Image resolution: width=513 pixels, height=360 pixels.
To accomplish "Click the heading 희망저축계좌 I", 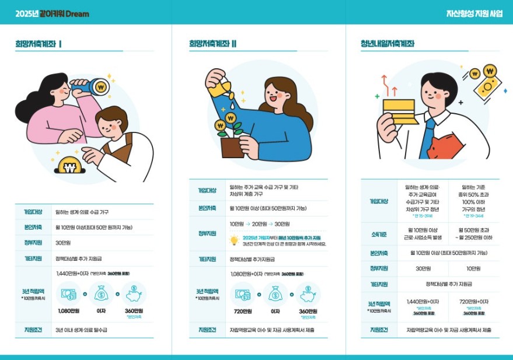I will [x=39, y=44].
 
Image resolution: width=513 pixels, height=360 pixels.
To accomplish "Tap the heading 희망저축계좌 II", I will [x=212, y=44].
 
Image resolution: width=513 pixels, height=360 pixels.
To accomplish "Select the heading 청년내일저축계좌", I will [x=388, y=44].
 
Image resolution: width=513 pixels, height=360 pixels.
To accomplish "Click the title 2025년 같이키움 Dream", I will [x=52, y=13].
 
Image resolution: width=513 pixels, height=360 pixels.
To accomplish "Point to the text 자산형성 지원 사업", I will [x=474, y=13].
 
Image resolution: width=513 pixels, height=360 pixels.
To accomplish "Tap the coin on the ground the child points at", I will [x=72, y=170].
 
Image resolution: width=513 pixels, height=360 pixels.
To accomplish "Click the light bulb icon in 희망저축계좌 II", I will [x=234, y=240].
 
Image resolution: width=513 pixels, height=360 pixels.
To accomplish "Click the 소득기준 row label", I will [x=378, y=235].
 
